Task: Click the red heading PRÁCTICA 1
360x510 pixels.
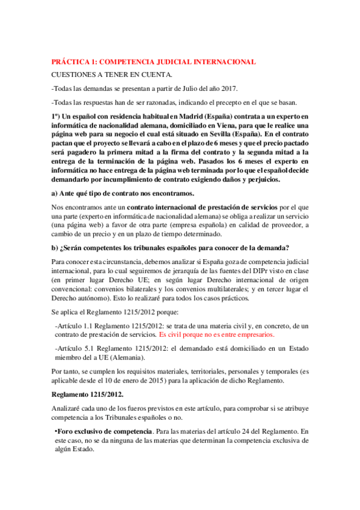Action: pos(153,62)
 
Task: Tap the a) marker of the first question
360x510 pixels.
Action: pos(55,193)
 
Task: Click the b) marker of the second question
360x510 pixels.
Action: pos(55,248)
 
